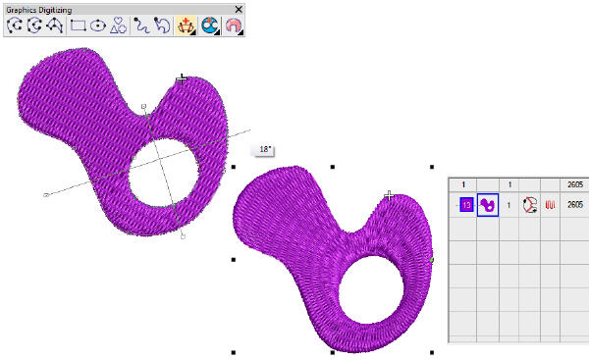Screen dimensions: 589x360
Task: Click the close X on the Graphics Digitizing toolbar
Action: coord(239,10)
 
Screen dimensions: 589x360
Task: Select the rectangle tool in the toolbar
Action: coord(79,26)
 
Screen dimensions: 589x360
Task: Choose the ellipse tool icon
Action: coord(98,26)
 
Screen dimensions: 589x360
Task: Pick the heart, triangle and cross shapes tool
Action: coord(118,26)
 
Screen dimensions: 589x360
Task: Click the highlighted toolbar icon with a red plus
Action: coord(186,26)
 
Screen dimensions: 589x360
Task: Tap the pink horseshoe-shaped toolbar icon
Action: coord(234,26)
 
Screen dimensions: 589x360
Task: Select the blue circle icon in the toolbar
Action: coord(210,26)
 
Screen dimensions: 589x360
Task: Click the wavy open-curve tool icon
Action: coord(141,26)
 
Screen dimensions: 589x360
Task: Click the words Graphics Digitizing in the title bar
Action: coord(39,10)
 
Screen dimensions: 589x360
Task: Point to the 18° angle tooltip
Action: coord(264,150)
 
